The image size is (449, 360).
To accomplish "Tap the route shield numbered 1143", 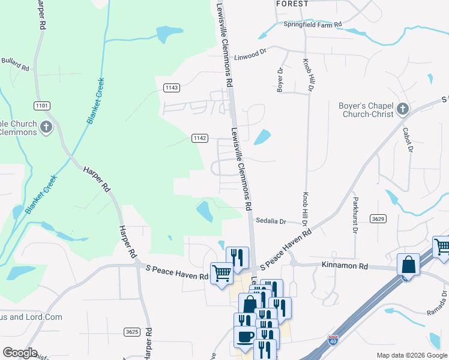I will (x=172, y=88).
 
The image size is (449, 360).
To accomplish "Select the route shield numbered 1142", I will (x=200, y=138).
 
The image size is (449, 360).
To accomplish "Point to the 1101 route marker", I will (x=42, y=106).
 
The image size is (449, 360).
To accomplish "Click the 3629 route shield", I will (x=378, y=218).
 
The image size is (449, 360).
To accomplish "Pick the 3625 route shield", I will (x=133, y=331).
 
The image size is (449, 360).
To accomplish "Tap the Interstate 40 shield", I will (x=333, y=341).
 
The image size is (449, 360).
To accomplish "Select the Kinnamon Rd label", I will (x=344, y=265).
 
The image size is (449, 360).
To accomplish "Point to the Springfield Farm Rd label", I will (x=313, y=25).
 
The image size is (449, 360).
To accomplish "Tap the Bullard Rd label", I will (x=15, y=64).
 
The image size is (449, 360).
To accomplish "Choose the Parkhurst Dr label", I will (x=355, y=214).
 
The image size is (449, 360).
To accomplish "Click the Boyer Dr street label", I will (x=280, y=79).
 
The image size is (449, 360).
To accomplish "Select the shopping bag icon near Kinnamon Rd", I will (x=408, y=264).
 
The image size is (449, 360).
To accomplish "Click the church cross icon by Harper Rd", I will (x=46, y=127).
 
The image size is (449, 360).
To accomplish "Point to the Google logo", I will (x=20, y=353).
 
